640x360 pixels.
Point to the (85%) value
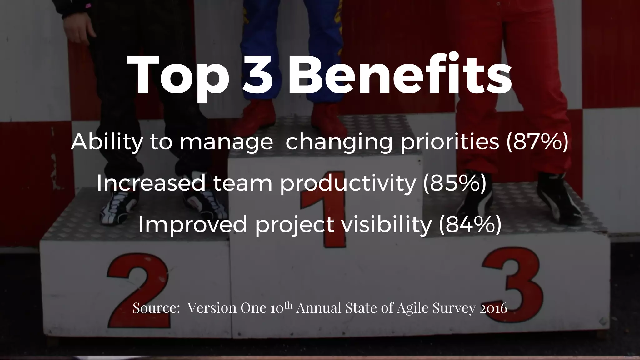pyautogui.click(x=454, y=183)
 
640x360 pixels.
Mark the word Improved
pyautogui.click(x=192, y=225)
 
